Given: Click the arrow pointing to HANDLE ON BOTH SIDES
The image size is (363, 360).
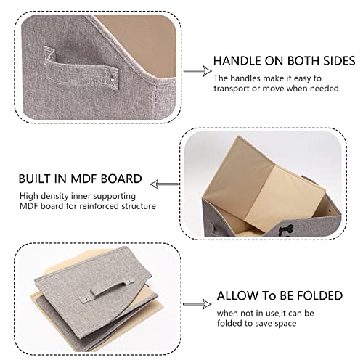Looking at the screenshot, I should [193, 71].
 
